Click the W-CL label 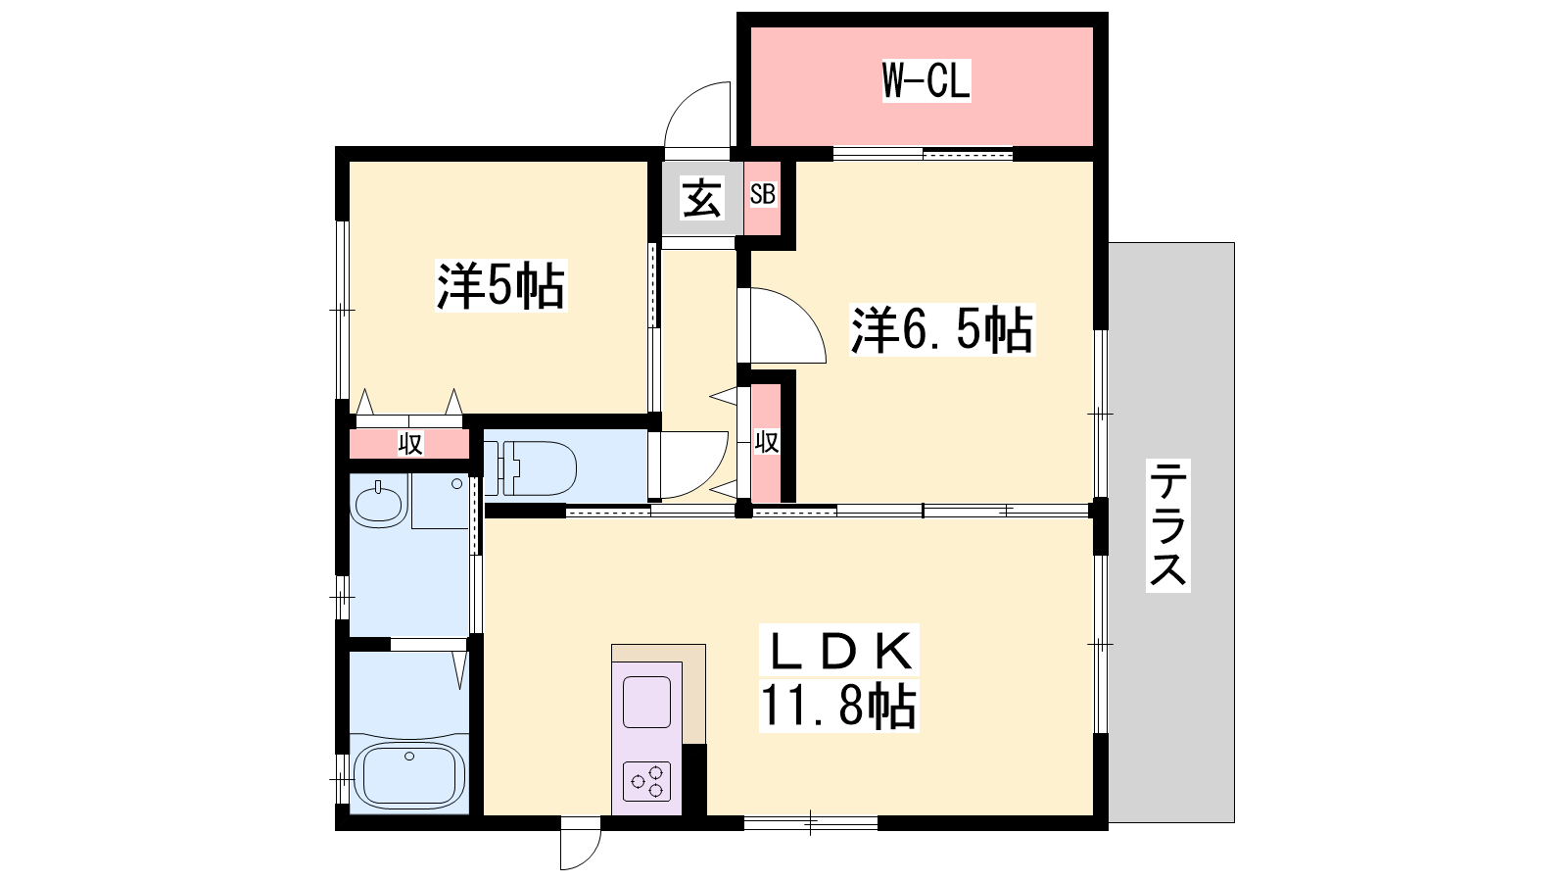[x=926, y=81]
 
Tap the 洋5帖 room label [x=500, y=285]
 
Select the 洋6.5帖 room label [x=941, y=329]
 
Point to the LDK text [x=839, y=652]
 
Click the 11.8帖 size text [x=838, y=706]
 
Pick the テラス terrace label [x=1167, y=525]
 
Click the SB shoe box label [x=763, y=194]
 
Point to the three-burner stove [x=646, y=780]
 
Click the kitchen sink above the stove [x=646, y=702]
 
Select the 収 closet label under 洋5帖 [x=410, y=443]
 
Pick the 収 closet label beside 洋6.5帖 [x=767, y=442]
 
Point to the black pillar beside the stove [x=694, y=780]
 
